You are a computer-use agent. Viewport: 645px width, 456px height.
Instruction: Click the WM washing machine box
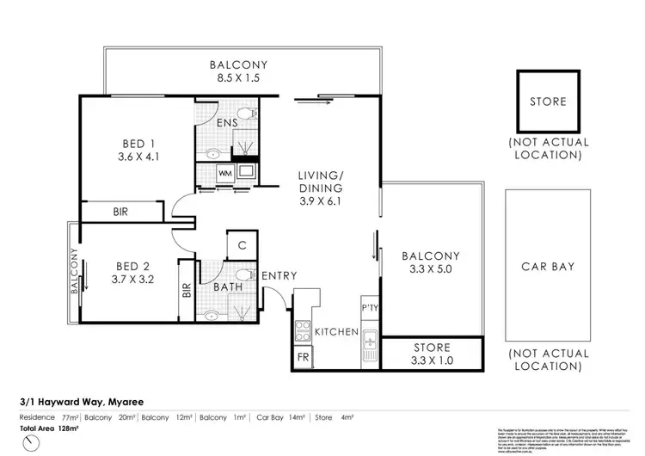coord(226,173)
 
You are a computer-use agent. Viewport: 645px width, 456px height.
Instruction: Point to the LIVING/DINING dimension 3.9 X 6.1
coord(321,201)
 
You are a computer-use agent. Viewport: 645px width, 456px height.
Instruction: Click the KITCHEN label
coord(335,331)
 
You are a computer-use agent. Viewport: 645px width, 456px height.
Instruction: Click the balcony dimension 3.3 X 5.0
coord(431,269)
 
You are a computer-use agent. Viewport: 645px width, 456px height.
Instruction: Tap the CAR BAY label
coord(548,267)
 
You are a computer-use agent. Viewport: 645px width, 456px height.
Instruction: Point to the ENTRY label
coord(279,275)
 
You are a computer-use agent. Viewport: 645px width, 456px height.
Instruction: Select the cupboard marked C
coord(243,245)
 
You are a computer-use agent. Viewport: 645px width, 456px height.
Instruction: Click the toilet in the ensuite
coord(246,114)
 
